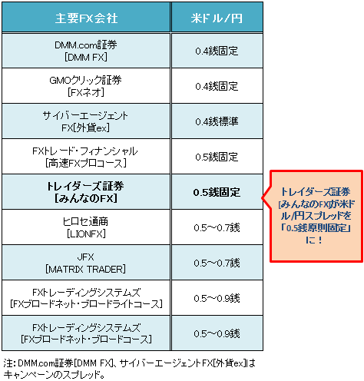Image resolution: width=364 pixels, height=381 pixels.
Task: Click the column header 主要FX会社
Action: click(x=86, y=18)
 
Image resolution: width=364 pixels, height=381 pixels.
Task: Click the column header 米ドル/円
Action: click(x=217, y=18)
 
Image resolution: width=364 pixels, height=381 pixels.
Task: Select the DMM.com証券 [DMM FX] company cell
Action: click(x=86, y=51)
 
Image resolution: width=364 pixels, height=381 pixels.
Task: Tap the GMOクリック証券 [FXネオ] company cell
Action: click(x=86, y=86)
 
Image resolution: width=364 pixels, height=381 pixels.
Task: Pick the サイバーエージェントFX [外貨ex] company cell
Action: click(x=86, y=121)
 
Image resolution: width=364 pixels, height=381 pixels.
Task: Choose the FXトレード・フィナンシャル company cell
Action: click(x=86, y=157)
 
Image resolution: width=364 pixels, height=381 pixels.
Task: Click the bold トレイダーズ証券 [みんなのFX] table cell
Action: click(x=86, y=192)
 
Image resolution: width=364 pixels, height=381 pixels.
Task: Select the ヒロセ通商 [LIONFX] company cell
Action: click(x=86, y=227)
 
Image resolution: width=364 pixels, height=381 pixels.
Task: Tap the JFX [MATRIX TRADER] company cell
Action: click(x=86, y=263)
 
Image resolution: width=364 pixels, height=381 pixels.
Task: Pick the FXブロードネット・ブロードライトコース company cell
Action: click(x=86, y=298)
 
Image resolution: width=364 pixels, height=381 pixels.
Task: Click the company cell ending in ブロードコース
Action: click(x=86, y=333)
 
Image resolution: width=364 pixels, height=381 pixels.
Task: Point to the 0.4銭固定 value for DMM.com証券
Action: click(x=217, y=51)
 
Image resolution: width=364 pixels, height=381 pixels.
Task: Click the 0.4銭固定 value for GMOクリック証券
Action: click(x=217, y=86)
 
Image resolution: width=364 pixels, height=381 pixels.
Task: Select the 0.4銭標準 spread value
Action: click(x=217, y=121)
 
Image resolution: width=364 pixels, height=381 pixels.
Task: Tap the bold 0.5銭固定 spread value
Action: click(x=217, y=192)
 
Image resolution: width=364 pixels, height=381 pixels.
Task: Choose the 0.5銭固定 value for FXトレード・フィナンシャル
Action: click(x=217, y=157)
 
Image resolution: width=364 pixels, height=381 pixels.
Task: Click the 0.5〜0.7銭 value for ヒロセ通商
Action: click(x=217, y=227)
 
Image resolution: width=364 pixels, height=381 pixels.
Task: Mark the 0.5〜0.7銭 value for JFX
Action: click(x=217, y=263)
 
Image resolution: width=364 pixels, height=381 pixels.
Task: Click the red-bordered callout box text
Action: click(x=316, y=216)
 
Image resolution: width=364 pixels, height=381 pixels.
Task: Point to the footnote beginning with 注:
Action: click(x=129, y=369)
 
